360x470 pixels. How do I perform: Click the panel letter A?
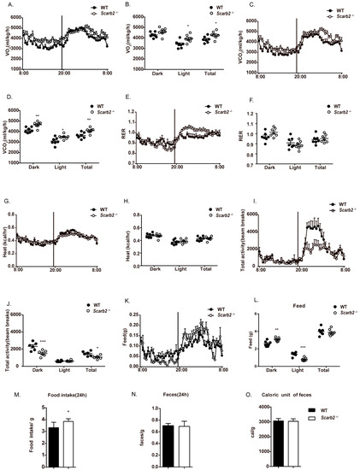pos(4,4)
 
